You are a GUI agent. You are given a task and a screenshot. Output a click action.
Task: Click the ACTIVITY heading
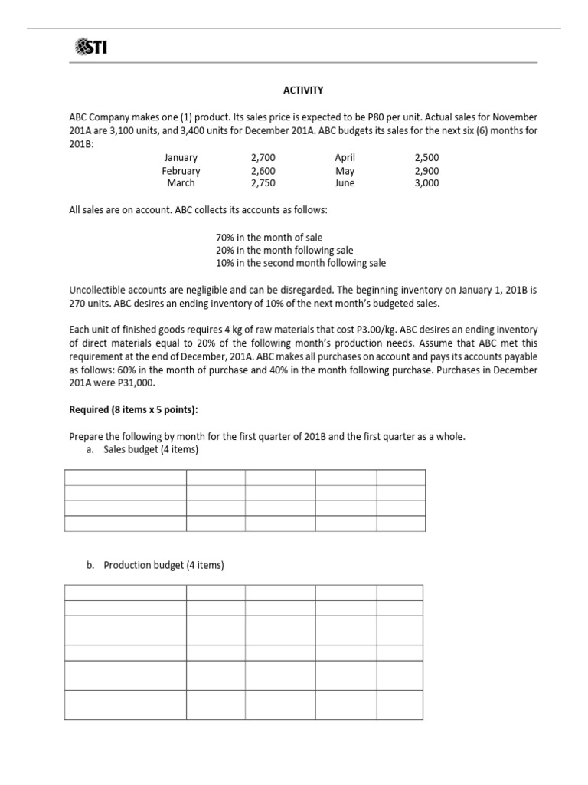[303, 90]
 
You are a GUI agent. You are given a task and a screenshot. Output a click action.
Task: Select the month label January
[181, 157]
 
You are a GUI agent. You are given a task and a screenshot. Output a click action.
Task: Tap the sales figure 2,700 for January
[263, 157]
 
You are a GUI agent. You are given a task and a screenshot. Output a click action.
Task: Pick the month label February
[181, 171]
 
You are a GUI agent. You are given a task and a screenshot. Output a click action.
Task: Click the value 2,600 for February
[263, 171]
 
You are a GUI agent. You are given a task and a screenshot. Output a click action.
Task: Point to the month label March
[181, 183]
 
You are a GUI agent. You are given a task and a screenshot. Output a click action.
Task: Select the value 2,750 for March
[263, 183]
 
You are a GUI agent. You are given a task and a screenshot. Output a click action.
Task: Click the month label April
[345, 157]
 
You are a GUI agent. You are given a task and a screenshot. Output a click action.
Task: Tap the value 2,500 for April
[426, 157]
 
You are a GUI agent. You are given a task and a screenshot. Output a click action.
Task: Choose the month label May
[345, 171]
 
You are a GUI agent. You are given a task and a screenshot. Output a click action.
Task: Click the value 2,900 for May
[426, 171]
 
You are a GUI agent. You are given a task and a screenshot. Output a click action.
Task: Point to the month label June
[345, 183]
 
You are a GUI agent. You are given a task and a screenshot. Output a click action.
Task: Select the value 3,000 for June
[426, 183]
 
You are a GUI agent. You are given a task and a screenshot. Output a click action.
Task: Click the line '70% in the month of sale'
[269, 238]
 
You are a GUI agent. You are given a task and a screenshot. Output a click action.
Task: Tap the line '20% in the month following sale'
[285, 251]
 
